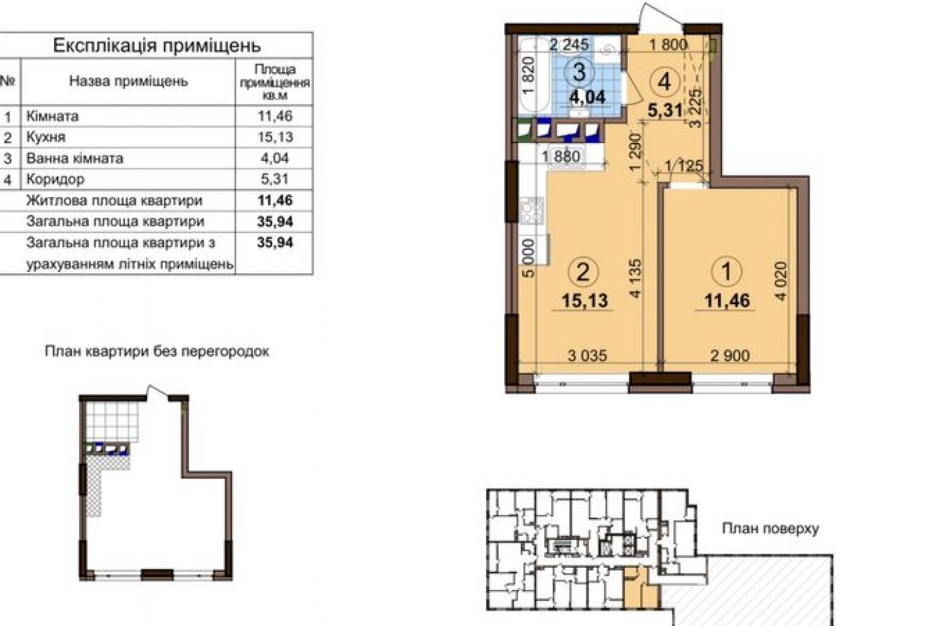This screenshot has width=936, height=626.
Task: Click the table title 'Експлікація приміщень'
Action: (x=157, y=45)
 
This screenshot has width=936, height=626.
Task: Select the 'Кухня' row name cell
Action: (x=46, y=138)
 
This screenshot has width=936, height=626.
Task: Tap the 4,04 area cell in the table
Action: (x=275, y=158)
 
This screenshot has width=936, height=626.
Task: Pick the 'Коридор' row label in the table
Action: (x=55, y=180)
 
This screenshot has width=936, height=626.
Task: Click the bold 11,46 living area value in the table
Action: (x=275, y=200)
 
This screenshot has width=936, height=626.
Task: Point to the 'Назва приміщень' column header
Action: (x=128, y=82)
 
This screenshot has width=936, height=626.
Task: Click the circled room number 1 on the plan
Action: (x=727, y=271)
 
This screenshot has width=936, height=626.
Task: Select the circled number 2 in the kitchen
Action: (x=583, y=272)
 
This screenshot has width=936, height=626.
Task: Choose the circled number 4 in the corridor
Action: (x=665, y=82)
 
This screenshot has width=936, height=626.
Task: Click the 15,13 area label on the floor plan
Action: (x=584, y=301)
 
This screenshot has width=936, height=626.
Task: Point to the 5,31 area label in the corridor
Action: (x=665, y=110)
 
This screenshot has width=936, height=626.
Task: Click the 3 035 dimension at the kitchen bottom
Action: (x=587, y=355)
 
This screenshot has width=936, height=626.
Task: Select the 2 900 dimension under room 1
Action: (x=730, y=355)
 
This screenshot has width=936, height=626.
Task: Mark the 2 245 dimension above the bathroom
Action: (x=569, y=44)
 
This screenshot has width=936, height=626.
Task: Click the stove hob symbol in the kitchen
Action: (x=532, y=210)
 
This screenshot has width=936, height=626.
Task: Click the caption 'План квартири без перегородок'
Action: (x=157, y=351)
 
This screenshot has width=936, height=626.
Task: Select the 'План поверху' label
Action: (x=771, y=528)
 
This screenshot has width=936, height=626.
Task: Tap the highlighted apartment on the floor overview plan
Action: (x=635, y=590)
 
